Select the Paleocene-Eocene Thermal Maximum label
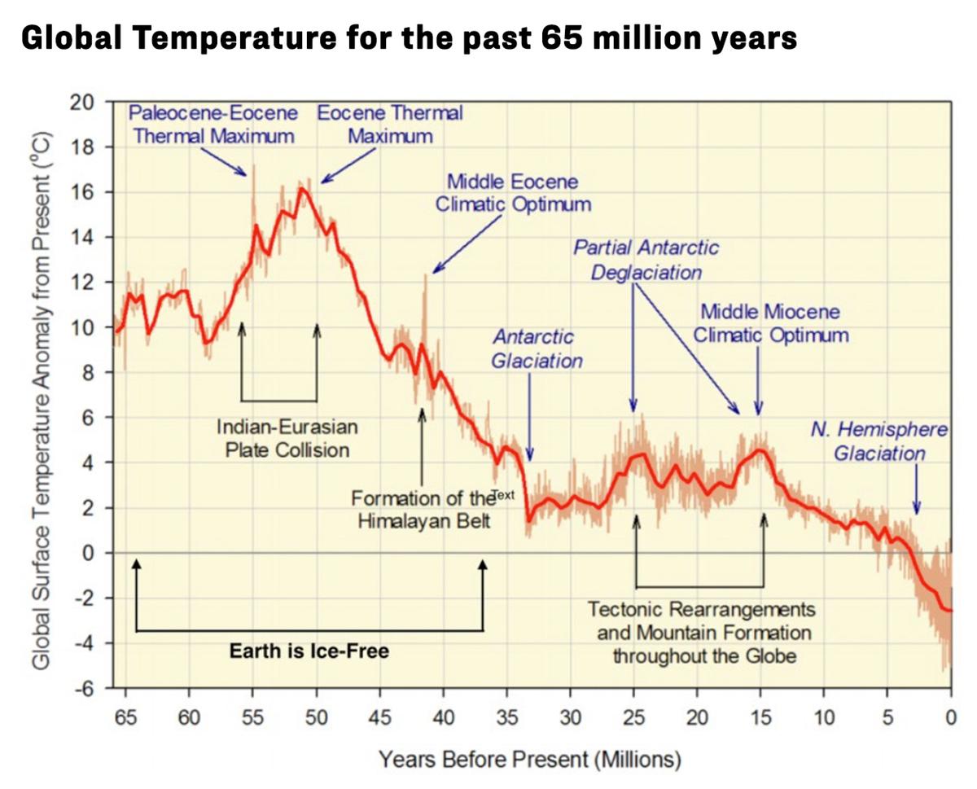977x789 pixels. (213, 124)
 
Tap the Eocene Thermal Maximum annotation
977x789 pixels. (390, 124)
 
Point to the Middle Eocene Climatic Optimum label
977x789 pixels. (513, 193)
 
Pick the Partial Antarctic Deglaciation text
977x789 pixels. (646, 259)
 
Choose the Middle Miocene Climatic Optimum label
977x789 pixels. (770, 323)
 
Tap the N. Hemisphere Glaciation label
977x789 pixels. (879, 441)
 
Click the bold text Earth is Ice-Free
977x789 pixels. (309, 651)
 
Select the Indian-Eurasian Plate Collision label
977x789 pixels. (287, 438)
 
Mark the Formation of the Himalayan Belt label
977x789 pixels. (423, 509)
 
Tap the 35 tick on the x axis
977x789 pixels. (506, 717)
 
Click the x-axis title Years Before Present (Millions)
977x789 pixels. (529, 760)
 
